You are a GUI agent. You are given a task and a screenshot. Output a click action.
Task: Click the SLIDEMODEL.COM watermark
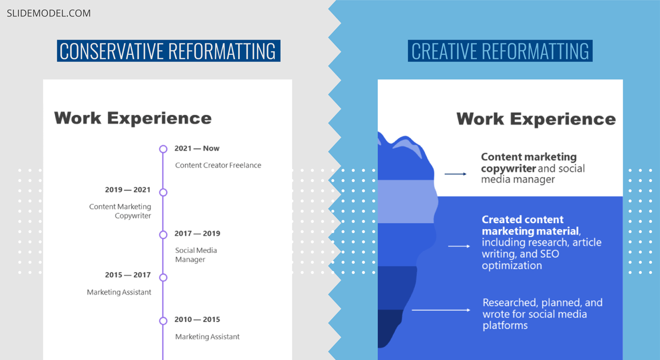[x=48, y=13]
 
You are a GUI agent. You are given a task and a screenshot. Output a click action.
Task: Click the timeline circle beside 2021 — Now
[x=163, y=149]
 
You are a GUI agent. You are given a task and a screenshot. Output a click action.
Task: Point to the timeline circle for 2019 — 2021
[x=163, y=192]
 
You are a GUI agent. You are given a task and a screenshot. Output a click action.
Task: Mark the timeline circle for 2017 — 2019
[x=163, y=235]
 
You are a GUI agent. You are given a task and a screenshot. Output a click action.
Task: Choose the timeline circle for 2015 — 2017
[x=163, y=278]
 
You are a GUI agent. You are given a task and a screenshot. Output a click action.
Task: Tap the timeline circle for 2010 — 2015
[x=163, y=320]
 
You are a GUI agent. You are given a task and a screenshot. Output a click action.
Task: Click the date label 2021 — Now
[x=197, y=148]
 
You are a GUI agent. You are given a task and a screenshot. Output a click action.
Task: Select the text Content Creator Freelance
[x=218, y=165]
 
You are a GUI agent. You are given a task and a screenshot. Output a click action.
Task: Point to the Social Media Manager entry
[x=196, y=254]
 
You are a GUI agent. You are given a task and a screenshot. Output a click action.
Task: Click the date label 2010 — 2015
[x=197, y=319]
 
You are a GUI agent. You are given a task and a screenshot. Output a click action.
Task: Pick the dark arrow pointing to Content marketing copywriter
[x=455, y=174]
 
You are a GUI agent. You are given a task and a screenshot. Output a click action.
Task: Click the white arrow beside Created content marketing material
[x=459, y=246]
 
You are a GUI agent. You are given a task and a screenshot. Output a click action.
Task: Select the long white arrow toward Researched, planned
[x=441, y=310]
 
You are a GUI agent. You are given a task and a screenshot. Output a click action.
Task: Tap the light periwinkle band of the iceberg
[x=406, y=202]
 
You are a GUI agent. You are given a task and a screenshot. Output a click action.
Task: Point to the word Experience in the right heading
[x=563, y=119]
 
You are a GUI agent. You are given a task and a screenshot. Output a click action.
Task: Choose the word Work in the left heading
[x=78, y=118]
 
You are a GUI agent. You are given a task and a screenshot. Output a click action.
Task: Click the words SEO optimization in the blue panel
[x=520, y=259]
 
